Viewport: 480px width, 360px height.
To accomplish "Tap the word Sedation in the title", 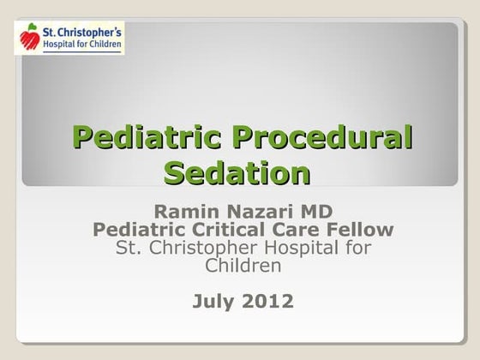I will [237, 173].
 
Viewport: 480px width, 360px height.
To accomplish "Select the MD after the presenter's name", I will [315, 211].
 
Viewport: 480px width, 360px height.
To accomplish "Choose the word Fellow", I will [365, 230].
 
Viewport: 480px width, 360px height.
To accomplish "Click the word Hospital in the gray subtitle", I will [297, 249].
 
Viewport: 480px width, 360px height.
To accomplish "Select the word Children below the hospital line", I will [243, 267].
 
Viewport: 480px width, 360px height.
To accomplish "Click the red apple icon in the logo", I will [30, 39].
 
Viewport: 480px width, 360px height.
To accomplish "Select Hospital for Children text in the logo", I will [81, 45].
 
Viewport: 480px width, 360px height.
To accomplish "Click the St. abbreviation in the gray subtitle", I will [128, 249].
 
